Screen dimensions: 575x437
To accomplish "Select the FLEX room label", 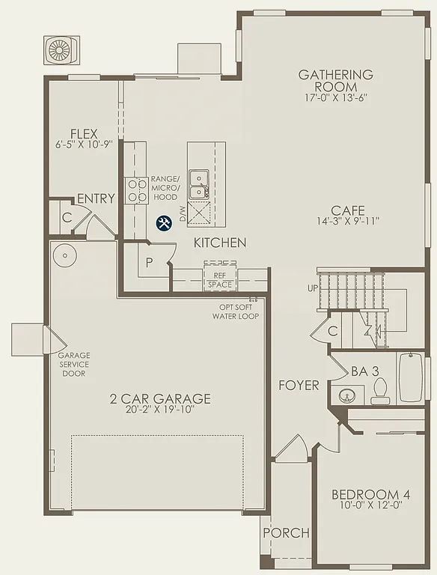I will pyautogui.click(x=84, y=134).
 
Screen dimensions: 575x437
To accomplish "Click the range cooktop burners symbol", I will pyautogui.click(x=137, y=190).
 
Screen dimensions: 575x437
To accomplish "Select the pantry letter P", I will pyautogui.click(x=150, y=263).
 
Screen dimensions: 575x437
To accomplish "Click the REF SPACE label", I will pyautogui.click(x=220, y=279).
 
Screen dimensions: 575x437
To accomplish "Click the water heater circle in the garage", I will pyautogui.click(x=66, y=255).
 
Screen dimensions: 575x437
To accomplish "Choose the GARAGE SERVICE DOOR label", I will pyautogui.click(x=74, y=364).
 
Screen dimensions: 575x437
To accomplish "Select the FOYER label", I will pyautogui.click(x=299, y=386).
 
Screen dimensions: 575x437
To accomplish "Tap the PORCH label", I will pyautogui.click(x=286, y=532).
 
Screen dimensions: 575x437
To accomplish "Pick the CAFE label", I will pyautogui.click(x=348, y=210).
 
